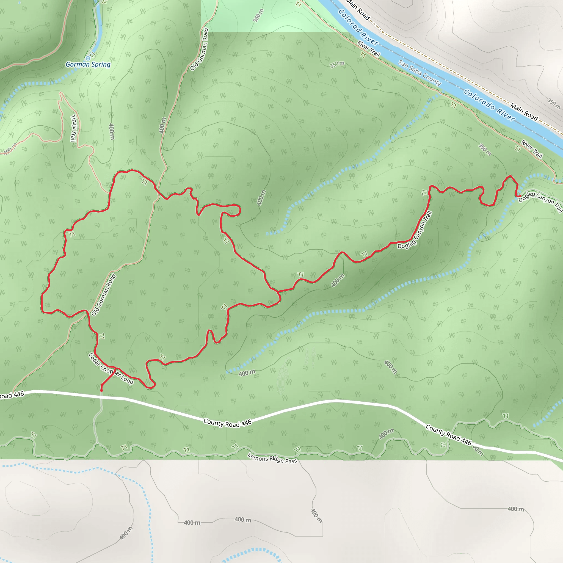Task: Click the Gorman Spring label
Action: coord(88,64)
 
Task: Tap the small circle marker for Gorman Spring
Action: coord(88,58)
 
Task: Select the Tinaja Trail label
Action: coord(74,128)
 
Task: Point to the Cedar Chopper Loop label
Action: coord(111,368)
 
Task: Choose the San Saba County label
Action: coord(420,73)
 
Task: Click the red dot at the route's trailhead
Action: coord(101,390)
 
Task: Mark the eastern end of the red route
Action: coord(520,196)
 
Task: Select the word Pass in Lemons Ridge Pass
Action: coord(291,461)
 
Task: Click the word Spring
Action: coord(101,64)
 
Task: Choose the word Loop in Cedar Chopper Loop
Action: coord(127,379)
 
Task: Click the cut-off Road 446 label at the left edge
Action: coord(12,395)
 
